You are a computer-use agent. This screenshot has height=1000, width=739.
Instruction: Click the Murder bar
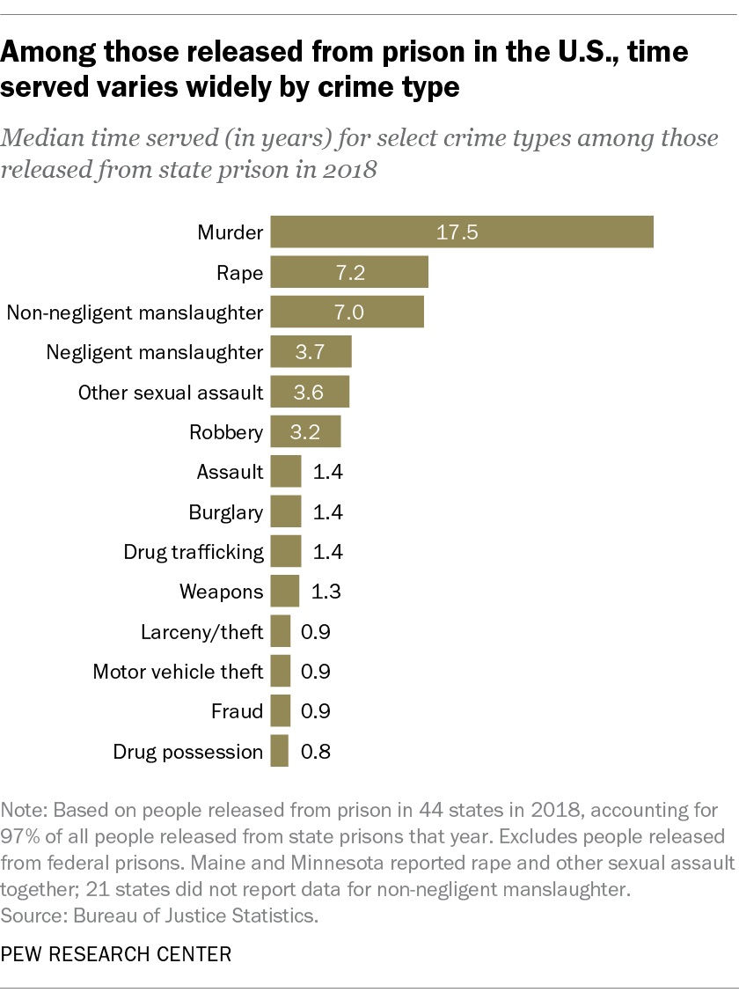point(461,232)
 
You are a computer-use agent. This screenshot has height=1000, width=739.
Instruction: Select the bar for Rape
point(348,272)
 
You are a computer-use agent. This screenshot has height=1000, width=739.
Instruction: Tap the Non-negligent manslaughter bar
point(347,312)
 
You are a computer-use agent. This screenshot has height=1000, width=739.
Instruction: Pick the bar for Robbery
point(304,431)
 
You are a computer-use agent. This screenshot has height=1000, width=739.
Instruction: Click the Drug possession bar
point(280,751)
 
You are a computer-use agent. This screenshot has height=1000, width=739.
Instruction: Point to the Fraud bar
point(281,710)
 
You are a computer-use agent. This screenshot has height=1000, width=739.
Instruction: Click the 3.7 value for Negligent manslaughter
point(311,352)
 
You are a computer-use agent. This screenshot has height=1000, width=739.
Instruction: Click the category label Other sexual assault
point(171,393)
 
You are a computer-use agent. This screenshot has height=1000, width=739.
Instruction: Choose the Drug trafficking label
point(194,552)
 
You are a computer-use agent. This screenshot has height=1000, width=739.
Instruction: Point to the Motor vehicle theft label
point(178,672)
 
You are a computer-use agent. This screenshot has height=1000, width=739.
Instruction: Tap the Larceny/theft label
point(201,632)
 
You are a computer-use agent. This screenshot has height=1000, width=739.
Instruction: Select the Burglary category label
point(225,512)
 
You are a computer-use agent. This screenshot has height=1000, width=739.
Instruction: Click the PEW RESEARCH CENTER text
point(117,955)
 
